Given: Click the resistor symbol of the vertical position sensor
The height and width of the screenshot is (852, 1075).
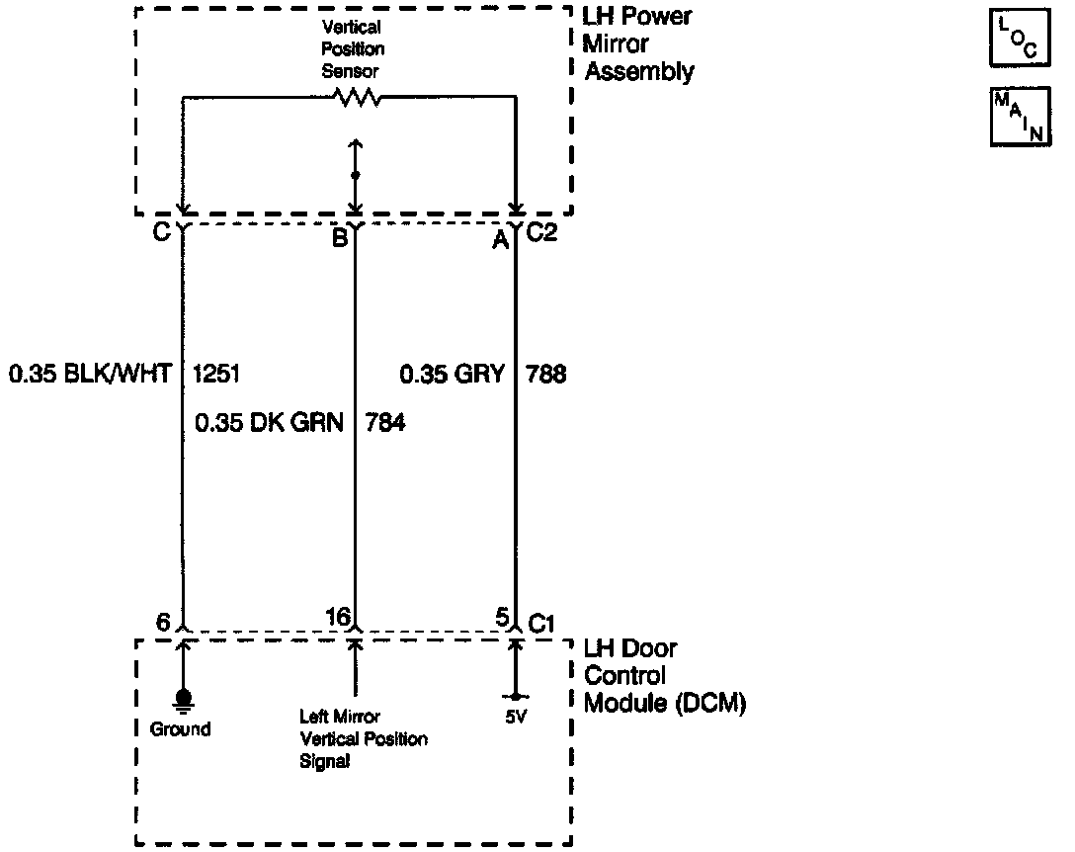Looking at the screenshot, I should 356,97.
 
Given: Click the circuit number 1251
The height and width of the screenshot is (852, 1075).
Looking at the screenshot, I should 217,375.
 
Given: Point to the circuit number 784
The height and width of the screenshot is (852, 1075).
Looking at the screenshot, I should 385,423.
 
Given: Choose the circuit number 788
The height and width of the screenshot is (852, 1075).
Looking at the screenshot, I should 546,375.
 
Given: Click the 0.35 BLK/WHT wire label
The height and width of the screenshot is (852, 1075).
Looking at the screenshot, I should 91,375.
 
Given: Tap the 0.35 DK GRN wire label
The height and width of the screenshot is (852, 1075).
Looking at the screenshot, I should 269,423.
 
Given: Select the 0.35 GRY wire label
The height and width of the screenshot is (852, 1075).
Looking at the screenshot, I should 453,375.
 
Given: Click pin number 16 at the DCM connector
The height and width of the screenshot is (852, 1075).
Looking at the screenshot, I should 338,618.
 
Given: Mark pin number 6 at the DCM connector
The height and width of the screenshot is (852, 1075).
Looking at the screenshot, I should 163,622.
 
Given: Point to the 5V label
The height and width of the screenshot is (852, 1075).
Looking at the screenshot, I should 515,718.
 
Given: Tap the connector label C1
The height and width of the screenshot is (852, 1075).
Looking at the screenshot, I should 541,623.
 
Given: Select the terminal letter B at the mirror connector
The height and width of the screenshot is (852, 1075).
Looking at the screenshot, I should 340,238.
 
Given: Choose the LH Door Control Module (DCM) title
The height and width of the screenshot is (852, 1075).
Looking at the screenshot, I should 664,676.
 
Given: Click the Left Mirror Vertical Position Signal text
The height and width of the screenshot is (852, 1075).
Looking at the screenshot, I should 364,738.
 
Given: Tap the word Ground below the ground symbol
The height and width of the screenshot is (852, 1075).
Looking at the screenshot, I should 181,729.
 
